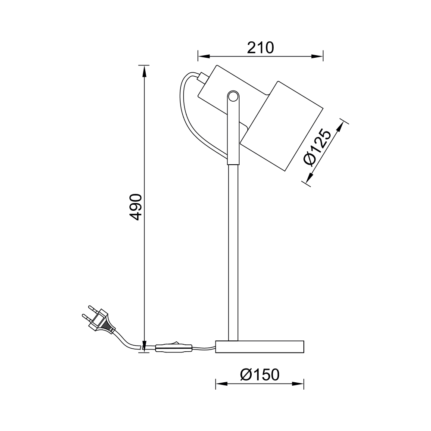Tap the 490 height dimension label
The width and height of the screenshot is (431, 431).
136,207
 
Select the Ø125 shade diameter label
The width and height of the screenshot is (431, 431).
317,147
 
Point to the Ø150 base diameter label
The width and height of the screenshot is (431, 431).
259,375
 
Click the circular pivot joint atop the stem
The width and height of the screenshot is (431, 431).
233,97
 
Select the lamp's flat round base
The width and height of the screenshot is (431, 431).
259,347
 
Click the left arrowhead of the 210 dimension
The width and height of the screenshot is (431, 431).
204,56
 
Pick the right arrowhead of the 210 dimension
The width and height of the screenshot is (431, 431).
317,56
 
